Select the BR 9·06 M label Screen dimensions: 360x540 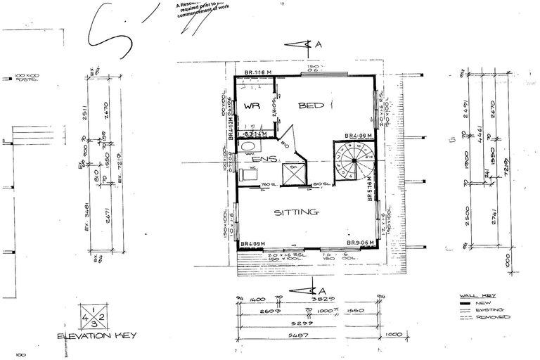coord(361,244)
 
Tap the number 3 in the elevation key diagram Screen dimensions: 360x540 coord(94,323)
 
